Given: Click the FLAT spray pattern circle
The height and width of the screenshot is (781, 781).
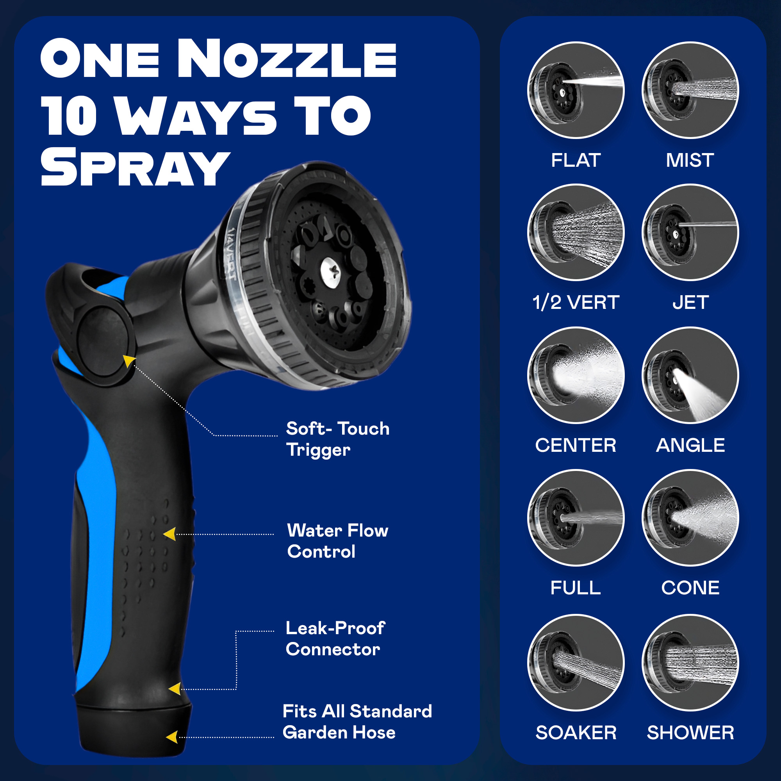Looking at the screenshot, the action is pyautogui.click(x=576, y=90).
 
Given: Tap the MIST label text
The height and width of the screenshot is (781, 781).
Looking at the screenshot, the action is pyautogui.click(x=690, y=160).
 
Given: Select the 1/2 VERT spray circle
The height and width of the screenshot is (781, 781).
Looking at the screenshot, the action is pyautogui.click(x=576, y=232).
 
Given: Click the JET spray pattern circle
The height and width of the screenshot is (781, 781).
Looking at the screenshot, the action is pyautogui.click(x=690, y=232).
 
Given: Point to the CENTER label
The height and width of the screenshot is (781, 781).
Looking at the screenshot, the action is pyautogui.click(x=576, y=446).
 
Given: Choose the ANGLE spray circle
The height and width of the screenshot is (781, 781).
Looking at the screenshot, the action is pyautogui.click(x=690, y=375).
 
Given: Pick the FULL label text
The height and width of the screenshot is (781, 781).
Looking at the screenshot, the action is pyautogui.click(x=576, y=588).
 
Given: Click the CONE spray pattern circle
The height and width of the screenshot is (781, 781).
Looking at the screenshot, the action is pyautogui.click(x=690, y=518).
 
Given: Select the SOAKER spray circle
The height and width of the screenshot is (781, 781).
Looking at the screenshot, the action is pyautogui.click(x=576, y=663).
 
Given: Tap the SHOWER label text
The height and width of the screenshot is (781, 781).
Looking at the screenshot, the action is pyautogui.click(x=690, y=733).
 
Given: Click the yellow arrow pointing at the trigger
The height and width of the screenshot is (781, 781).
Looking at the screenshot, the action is pyautogui.click(x=129, y=361).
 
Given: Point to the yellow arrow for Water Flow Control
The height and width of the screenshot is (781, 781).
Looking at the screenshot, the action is pyautogui.click(x=170, y=534).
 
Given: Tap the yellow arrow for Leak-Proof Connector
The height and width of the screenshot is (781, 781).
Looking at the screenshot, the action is pyautogui.click(x=175, y=689).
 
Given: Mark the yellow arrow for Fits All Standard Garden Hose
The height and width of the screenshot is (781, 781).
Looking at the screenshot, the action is pyautogui.click(x=172, y=737).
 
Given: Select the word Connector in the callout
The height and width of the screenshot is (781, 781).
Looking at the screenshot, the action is pyautogui.click(x=333, y=650).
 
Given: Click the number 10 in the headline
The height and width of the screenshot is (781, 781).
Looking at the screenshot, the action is pyautogui.click(x=69, y=116).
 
